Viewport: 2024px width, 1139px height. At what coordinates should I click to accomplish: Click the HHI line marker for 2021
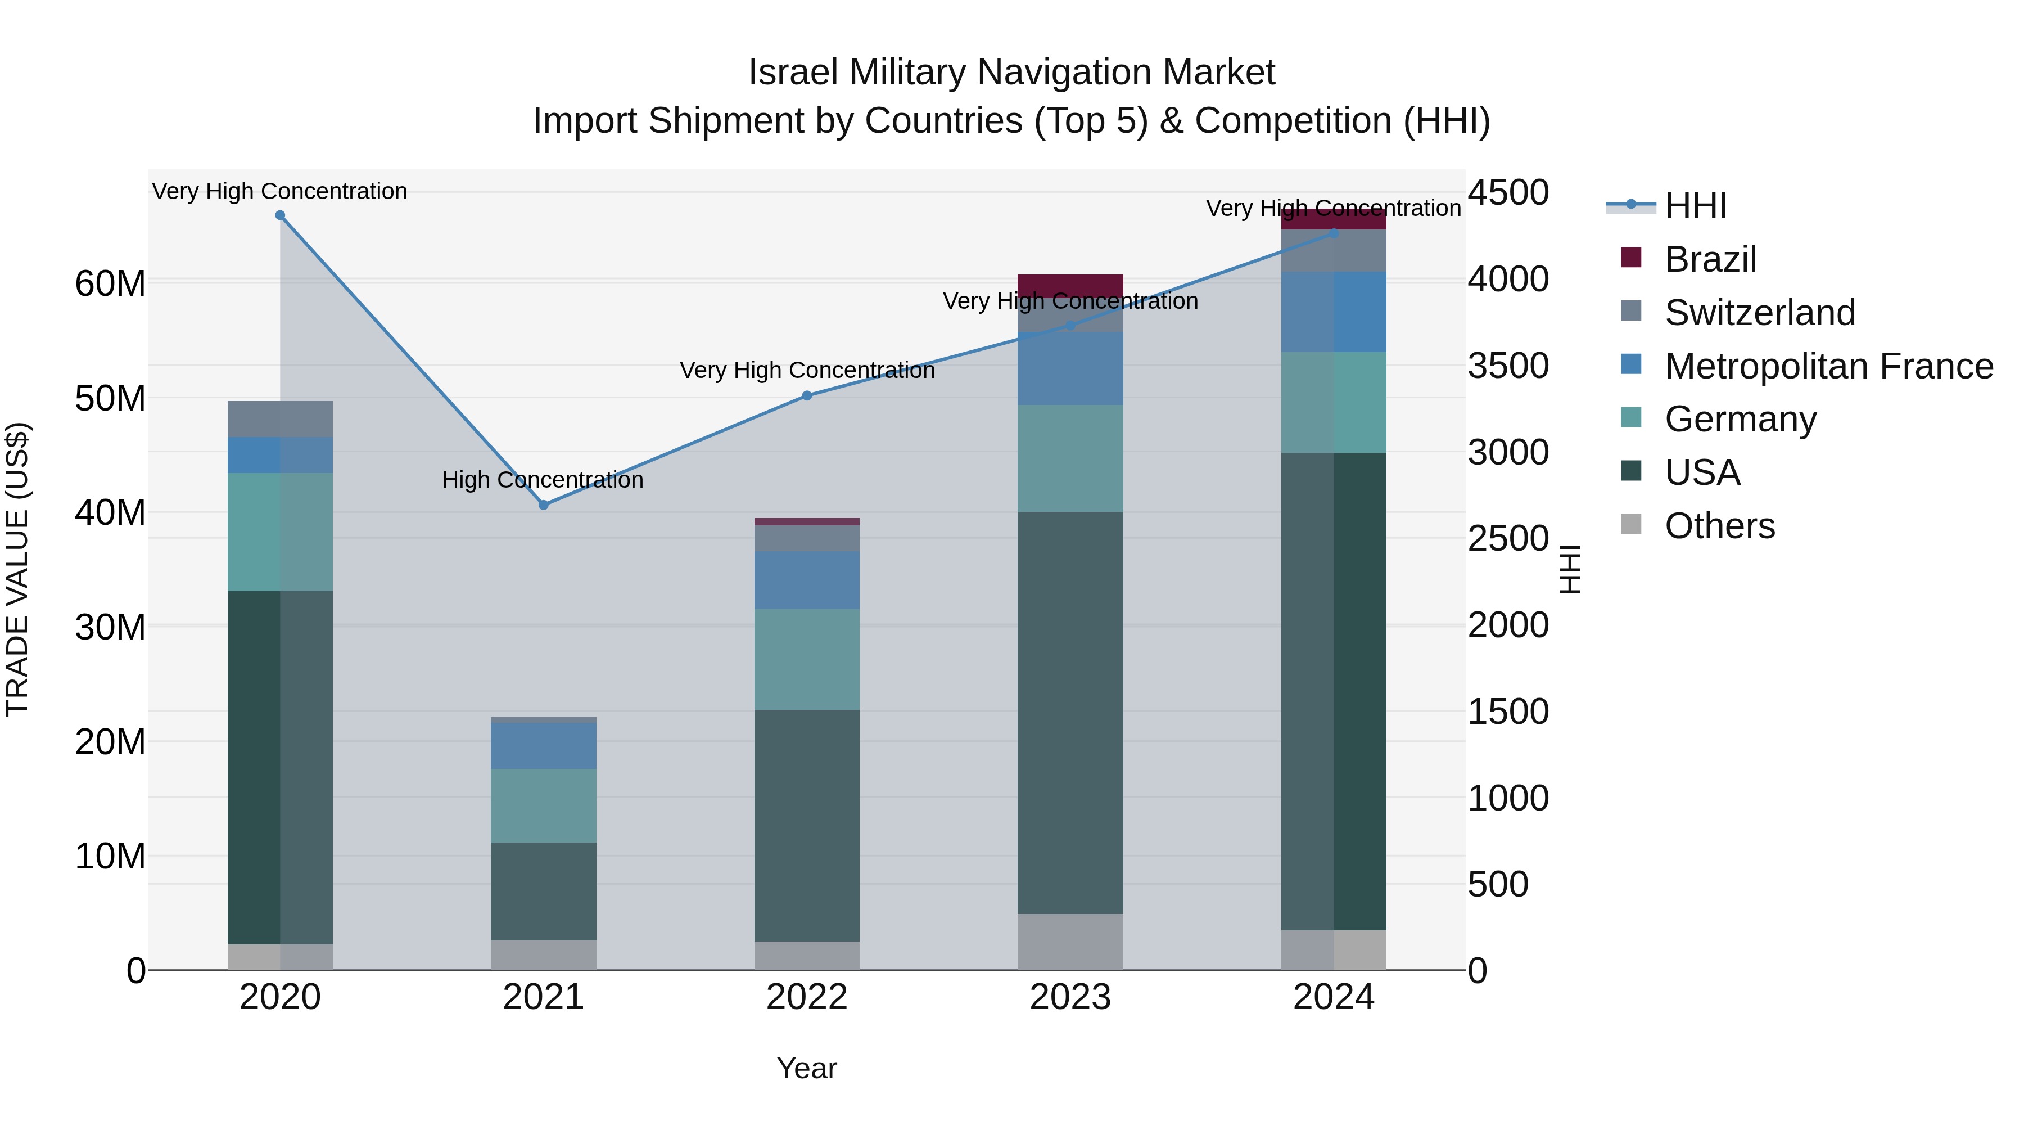(x=543, y=505)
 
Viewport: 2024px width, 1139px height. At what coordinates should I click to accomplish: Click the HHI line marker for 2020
(x=280, y=215)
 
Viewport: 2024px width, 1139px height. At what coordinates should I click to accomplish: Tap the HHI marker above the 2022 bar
(x=806, y=395)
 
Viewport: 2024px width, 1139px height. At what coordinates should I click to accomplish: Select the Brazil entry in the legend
(x=1710, y=259)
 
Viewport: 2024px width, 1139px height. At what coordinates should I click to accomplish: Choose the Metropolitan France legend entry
(x=1828, y=366)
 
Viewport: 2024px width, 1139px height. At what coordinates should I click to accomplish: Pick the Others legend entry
(x=1719, y=526)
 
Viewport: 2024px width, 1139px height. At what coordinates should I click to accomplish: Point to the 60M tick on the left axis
(x=110, y=284)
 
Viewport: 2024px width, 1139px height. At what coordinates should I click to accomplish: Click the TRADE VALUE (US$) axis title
(x=17, y=569)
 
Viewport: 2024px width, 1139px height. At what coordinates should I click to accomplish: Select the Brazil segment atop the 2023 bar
(x=1069, y=284)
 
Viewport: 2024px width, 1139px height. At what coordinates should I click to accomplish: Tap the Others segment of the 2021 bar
(x=543, y=955)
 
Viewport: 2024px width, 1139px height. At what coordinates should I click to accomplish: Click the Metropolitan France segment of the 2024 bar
(x=1334, y=312)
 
